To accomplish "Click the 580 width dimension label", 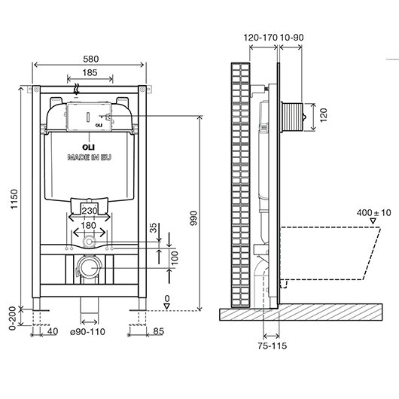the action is pos(91,59).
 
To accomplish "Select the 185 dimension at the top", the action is pos(90,72).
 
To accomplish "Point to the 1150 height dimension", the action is pos(14,199).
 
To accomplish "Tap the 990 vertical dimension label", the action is pos(193,218).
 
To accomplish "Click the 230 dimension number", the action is pos(90,211).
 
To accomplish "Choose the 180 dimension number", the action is pos(88,225).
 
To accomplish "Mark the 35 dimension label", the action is pos(153,228).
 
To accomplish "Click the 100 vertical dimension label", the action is pos(175,258).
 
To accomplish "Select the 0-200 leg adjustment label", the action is pos(12,318).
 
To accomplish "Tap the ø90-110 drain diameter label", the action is pos(87,332).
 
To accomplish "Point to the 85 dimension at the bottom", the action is pos(159,331).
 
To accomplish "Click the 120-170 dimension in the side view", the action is pos(260,38).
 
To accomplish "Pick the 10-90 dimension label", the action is pos(291,38).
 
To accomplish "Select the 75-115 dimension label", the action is pos(272,346).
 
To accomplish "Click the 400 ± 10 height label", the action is pos(374,212).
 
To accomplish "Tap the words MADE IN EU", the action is pos(90,157).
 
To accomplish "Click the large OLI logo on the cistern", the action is pos(88,147).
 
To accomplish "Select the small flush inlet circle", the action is pos(89,242).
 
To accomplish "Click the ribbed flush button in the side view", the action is pos(292,117).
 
